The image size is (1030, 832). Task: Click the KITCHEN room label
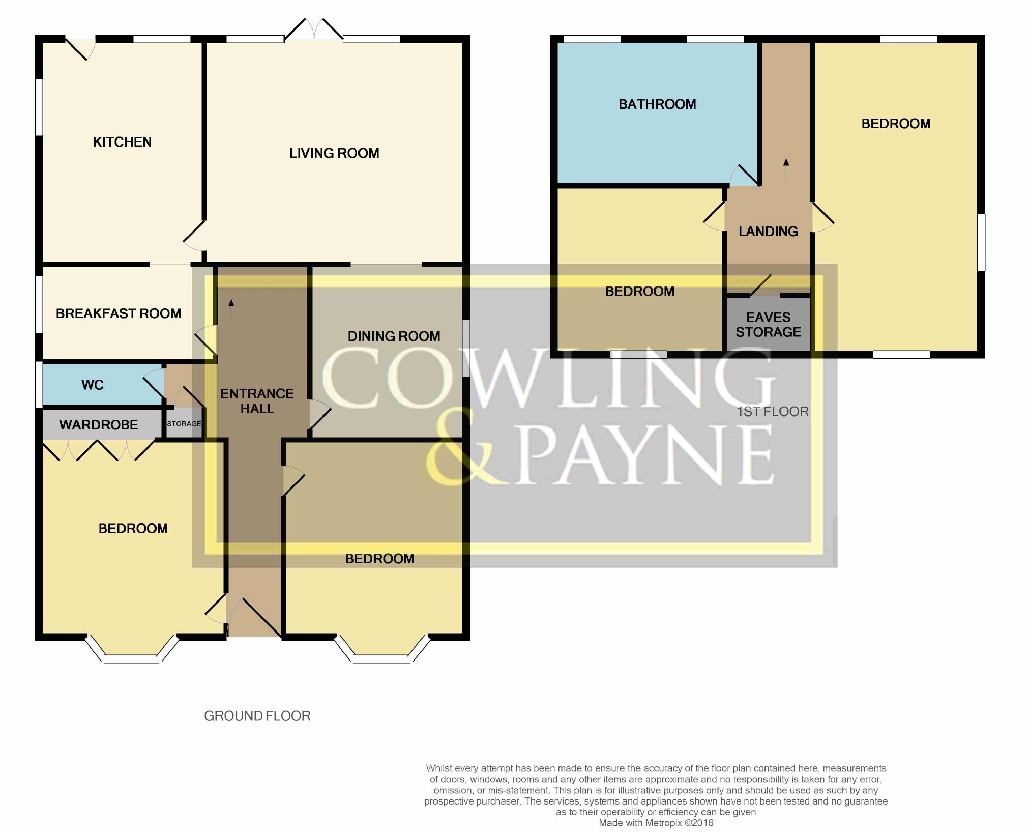click(122, 142)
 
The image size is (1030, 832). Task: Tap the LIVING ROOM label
click(334, 153)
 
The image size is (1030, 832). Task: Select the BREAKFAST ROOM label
click(119, 313)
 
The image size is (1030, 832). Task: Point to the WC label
click(93, 385)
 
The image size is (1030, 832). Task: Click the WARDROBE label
click(99, 425)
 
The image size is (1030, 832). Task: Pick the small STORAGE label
click(184, 424)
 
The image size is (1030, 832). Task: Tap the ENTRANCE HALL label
click(257, 401)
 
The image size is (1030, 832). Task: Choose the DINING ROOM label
click(394, 336)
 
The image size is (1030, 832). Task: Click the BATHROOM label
click(657, 104)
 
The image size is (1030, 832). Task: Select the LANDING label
click(768, 232)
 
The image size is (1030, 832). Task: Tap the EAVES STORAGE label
click(768, 325)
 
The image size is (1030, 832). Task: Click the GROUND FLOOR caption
click(257, 716)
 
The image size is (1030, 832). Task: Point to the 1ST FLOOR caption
click(773, 412)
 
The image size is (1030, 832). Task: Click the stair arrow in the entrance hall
click(231, 309)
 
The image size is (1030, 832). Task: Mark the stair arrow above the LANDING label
click(786, 168)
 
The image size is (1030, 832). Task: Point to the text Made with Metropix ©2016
click(656, 823)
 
